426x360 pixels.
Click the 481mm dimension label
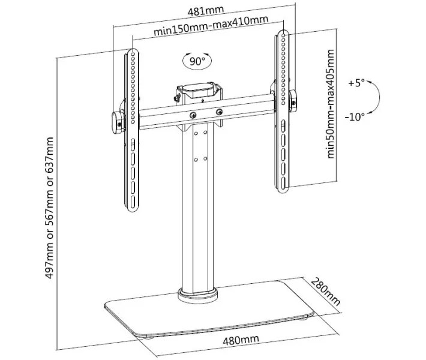(206, 11)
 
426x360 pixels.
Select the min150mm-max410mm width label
(211, 25)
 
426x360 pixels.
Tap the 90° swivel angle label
(197, 61)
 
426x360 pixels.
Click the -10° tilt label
(355, 117)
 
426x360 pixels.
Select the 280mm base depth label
(325, 292)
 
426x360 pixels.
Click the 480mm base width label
(241, 340)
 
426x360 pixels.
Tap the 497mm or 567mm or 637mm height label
(49, 208)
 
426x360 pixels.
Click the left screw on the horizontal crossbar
(193, 115)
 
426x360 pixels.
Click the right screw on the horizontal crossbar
(219, 112)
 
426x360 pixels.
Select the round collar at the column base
(198, 296)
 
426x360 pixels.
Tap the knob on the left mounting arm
(117, 123)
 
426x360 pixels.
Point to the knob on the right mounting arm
(293, 101)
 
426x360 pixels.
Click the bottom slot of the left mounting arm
(133, 202)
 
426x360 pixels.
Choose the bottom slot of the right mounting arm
(283, 182)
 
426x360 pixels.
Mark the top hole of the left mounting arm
(133, 54)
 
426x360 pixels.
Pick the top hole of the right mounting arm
(284, 35)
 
